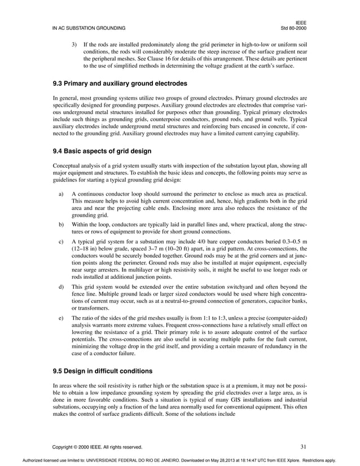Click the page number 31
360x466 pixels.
point(303,447)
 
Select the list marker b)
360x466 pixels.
point(61,224)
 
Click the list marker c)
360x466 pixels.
point(61,241)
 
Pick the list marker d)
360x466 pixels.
point(61,287)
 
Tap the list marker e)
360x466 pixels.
point(61,319)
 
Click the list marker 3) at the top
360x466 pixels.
point(73,43)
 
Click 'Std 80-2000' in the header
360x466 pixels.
point(294,28)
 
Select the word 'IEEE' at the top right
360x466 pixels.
point(301,21)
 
